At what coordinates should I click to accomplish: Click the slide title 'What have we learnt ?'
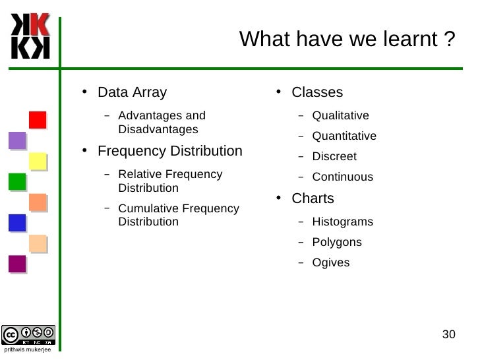click(347, 40)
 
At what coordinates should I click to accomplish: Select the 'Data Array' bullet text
click(132, 92)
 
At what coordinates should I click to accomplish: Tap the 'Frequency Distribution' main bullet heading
click(170, 151)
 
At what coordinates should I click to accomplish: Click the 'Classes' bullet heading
click(317, 92)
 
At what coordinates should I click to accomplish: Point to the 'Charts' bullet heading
click(313, 198)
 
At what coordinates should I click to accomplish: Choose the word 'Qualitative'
click(340, 116)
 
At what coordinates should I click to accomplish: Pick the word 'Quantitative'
click(344, 136)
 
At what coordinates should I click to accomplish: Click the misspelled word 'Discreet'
click(334, 157)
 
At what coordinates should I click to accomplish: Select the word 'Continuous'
click(342, 177)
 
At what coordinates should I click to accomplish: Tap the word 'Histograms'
click(342, 222)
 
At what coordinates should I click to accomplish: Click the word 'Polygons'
click(337, 243)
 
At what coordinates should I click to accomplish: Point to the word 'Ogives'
click(331, 263)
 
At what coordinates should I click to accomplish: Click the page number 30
click(448, 334)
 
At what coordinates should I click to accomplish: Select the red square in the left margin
click(38, 120)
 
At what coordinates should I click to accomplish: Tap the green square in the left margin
click(17, 181)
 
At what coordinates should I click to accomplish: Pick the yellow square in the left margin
click(38, 161)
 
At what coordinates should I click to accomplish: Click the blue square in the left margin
click(17, 223)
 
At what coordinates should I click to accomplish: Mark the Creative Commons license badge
click(28, 335)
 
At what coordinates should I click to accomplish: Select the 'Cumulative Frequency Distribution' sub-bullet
click(178, 215)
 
